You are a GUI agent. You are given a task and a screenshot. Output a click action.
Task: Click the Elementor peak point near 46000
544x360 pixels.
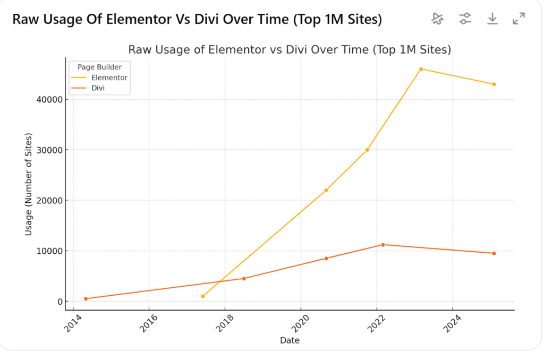[x=421, y=69]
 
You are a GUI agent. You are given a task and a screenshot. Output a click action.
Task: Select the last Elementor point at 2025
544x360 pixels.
[x=494, y=84]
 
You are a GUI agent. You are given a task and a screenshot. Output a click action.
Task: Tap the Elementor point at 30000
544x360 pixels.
[x=367, y=150]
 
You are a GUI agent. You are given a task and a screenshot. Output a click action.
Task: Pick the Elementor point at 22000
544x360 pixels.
[x=326, y=190]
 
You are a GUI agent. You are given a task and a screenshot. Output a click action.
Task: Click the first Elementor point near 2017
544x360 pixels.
[x=203, y=296]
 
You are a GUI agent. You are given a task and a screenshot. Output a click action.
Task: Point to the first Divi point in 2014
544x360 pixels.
[x=86, y=298]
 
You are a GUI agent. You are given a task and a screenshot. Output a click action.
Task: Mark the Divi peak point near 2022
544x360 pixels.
[x=382, y=245]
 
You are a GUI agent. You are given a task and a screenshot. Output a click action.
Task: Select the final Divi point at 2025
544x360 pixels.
[x=494, y=253]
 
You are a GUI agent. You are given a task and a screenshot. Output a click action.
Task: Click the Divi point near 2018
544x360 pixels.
[x=244, y=278]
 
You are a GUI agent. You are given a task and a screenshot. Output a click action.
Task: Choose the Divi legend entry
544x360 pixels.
[x=98, y=88]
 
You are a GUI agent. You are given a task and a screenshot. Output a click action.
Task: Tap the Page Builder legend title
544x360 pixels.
[x=99, y=67]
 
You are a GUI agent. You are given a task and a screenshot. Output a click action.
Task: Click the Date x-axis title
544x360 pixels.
[x=290, y=340]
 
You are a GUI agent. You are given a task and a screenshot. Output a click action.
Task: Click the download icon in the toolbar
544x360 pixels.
[x=492, y=19]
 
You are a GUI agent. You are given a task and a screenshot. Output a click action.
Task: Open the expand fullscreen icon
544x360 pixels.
[x=519, y=19]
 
